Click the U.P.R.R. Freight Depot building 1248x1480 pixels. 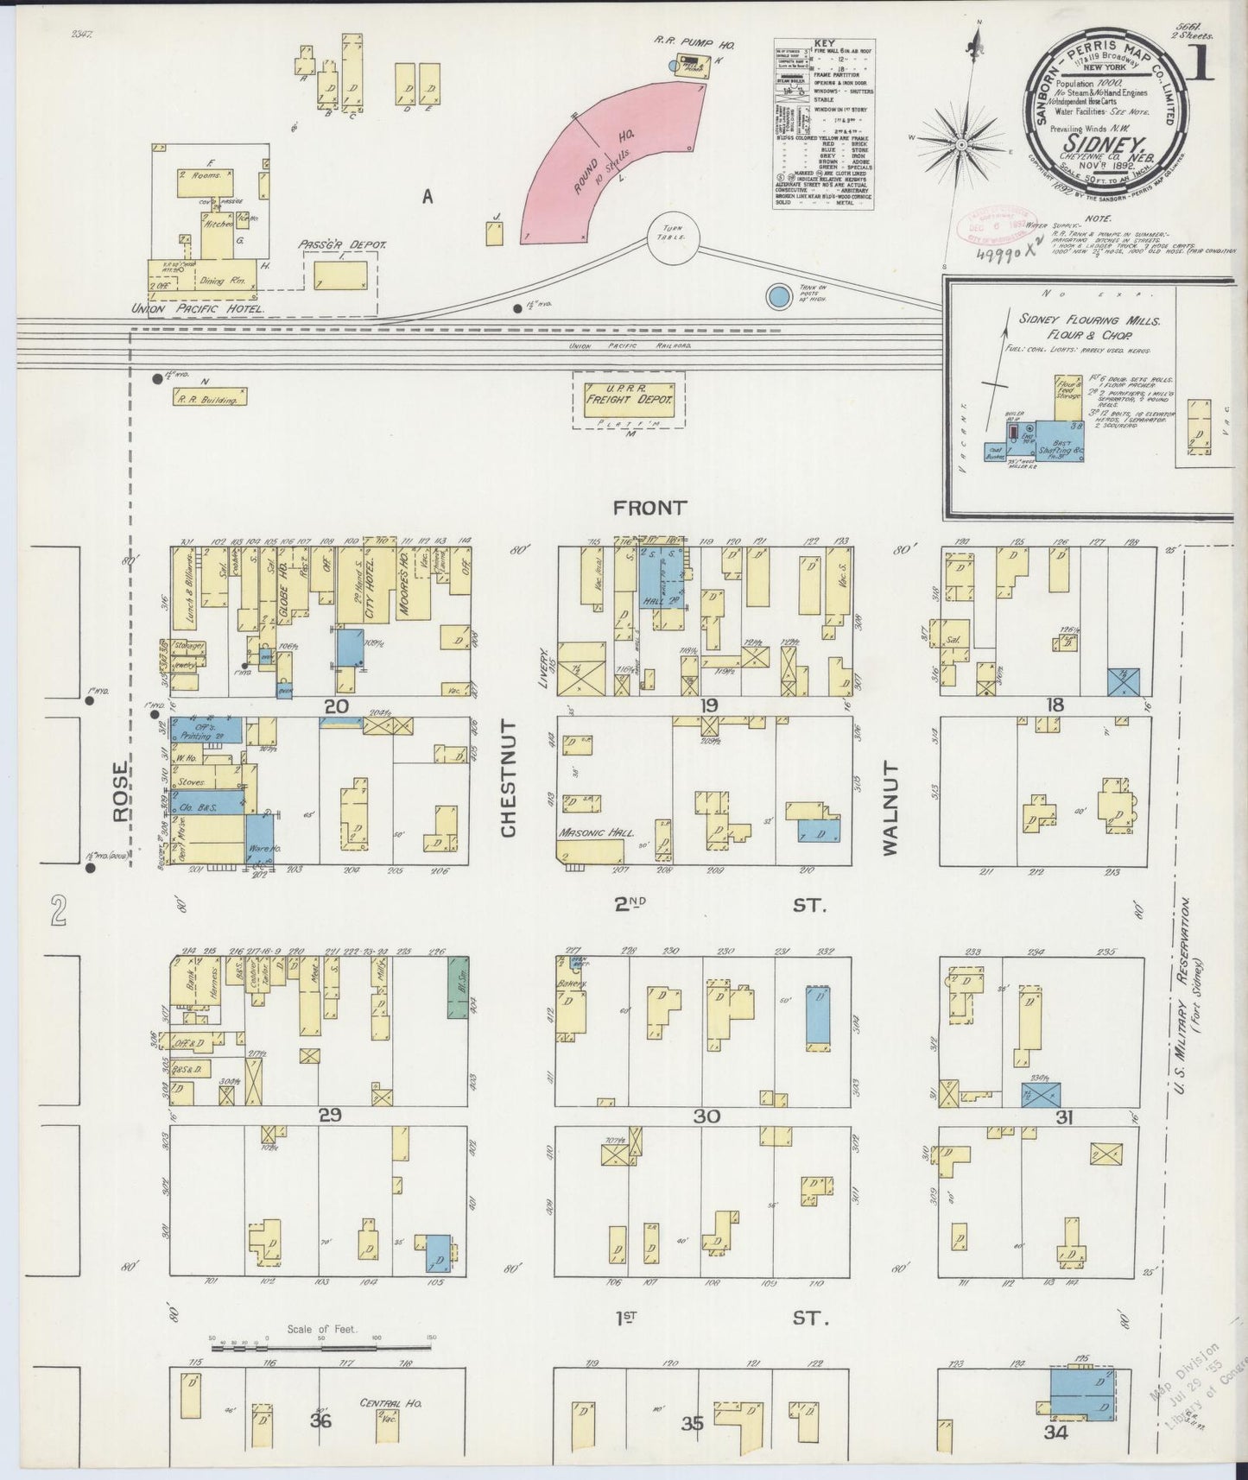point(629,399)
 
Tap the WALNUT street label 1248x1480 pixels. point(890,808)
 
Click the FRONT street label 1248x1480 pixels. point(649,508)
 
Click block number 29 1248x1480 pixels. point(330,1115)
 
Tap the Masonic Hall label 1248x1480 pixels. point(596,833)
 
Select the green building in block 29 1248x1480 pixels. point(457,987)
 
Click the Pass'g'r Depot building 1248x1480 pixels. point(341,275)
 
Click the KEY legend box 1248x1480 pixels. point(823,123)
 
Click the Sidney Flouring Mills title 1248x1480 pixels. point(1089,326)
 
